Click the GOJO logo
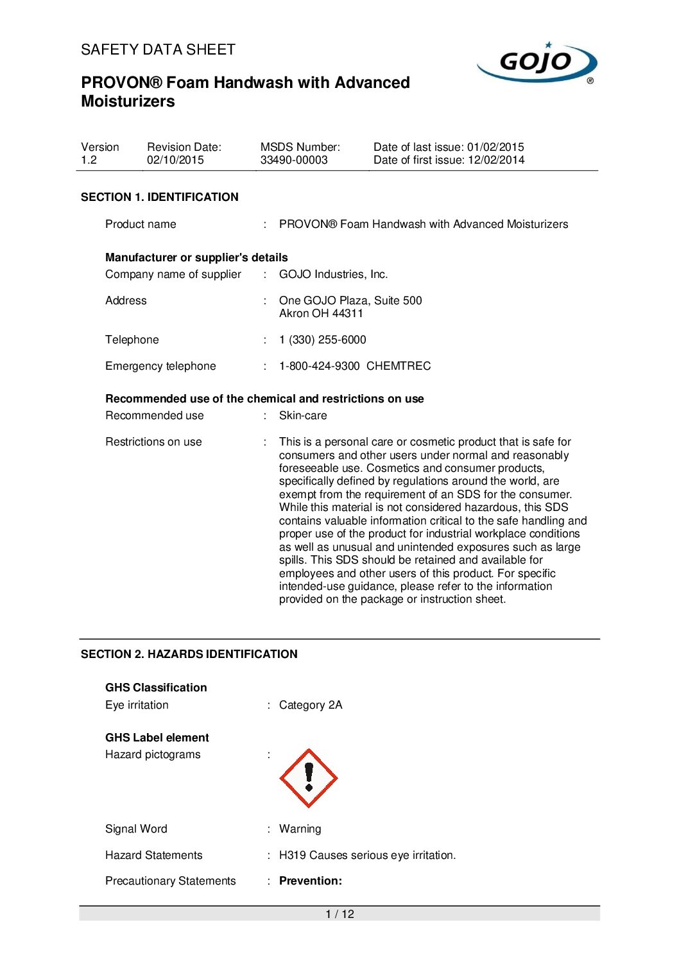point(537,63)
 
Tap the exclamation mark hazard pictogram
point(309,778)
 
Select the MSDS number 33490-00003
point(294,160)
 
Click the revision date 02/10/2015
point(175,160)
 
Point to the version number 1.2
point(89,160)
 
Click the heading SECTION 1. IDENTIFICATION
point(160,197)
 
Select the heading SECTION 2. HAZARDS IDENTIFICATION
point(189,654)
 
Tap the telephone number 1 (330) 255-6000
point(323,340)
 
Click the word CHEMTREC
point(399,366)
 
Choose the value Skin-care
point(303,415)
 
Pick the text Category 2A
point(311,705)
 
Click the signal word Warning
point(300,829)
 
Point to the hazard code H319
point(292,855)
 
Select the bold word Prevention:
point(311,881)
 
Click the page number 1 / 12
point(339,914)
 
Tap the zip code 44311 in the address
point(348,313)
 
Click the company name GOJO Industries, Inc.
point(334,274)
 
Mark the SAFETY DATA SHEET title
point(159,49)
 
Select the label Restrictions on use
point(153,442)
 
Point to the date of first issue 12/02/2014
point(496,160)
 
